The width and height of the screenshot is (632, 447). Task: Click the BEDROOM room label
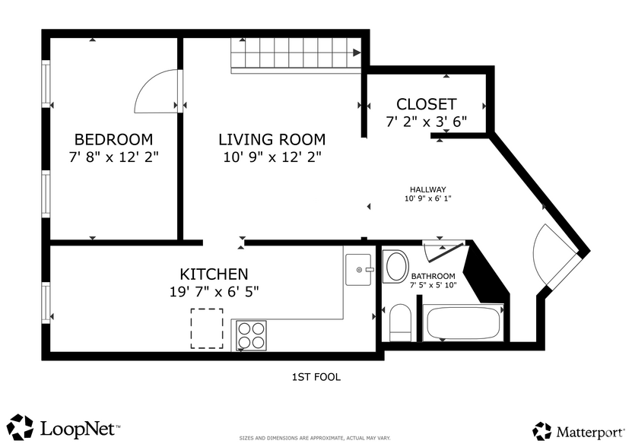[113, 140]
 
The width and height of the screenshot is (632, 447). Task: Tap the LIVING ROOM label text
[272, 140]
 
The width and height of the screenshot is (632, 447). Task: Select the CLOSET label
[426, 104]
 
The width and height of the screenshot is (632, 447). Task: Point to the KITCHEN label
[214, 274]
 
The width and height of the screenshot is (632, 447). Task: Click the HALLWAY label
[427, 190]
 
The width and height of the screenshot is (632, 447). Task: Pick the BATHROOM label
[433, 276]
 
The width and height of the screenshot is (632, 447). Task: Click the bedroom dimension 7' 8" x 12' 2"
[113, 157]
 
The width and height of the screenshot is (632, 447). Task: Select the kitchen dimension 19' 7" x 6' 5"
[214, 291]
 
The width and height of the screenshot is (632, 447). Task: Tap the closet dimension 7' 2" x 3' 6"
[426, 122]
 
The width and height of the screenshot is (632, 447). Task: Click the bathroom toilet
[400, 323]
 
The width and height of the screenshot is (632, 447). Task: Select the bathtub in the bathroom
[463, 322]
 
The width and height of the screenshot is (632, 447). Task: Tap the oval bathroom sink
[396, 268]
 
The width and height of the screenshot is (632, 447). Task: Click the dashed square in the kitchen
[207, 328]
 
